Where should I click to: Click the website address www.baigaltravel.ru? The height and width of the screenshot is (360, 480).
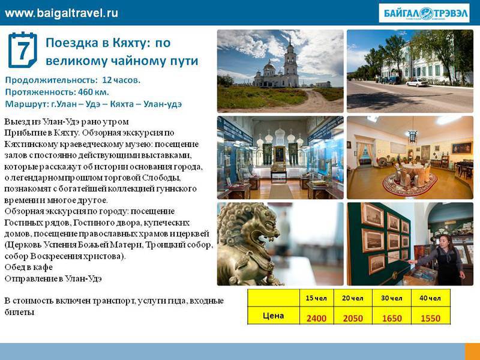pos(61,13)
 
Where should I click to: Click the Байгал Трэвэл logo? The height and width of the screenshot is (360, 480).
pos(424,13)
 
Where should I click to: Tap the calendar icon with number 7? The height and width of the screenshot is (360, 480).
pos(22,50)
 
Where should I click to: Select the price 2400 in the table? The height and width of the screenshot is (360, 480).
pos(316,319)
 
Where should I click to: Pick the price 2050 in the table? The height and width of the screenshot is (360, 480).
pos(353,319)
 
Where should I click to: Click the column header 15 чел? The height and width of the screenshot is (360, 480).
pos(316,298)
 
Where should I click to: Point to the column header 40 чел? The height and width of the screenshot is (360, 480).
pos(430,298)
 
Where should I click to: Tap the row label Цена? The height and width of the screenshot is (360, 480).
pos(273,316)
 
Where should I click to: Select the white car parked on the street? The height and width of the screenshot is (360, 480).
pos(417,82)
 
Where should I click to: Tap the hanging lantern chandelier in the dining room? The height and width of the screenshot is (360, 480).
pos(412,136)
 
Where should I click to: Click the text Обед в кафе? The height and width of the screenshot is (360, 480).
pos(28,267)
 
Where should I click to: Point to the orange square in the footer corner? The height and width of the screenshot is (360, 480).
pos(472,352)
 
